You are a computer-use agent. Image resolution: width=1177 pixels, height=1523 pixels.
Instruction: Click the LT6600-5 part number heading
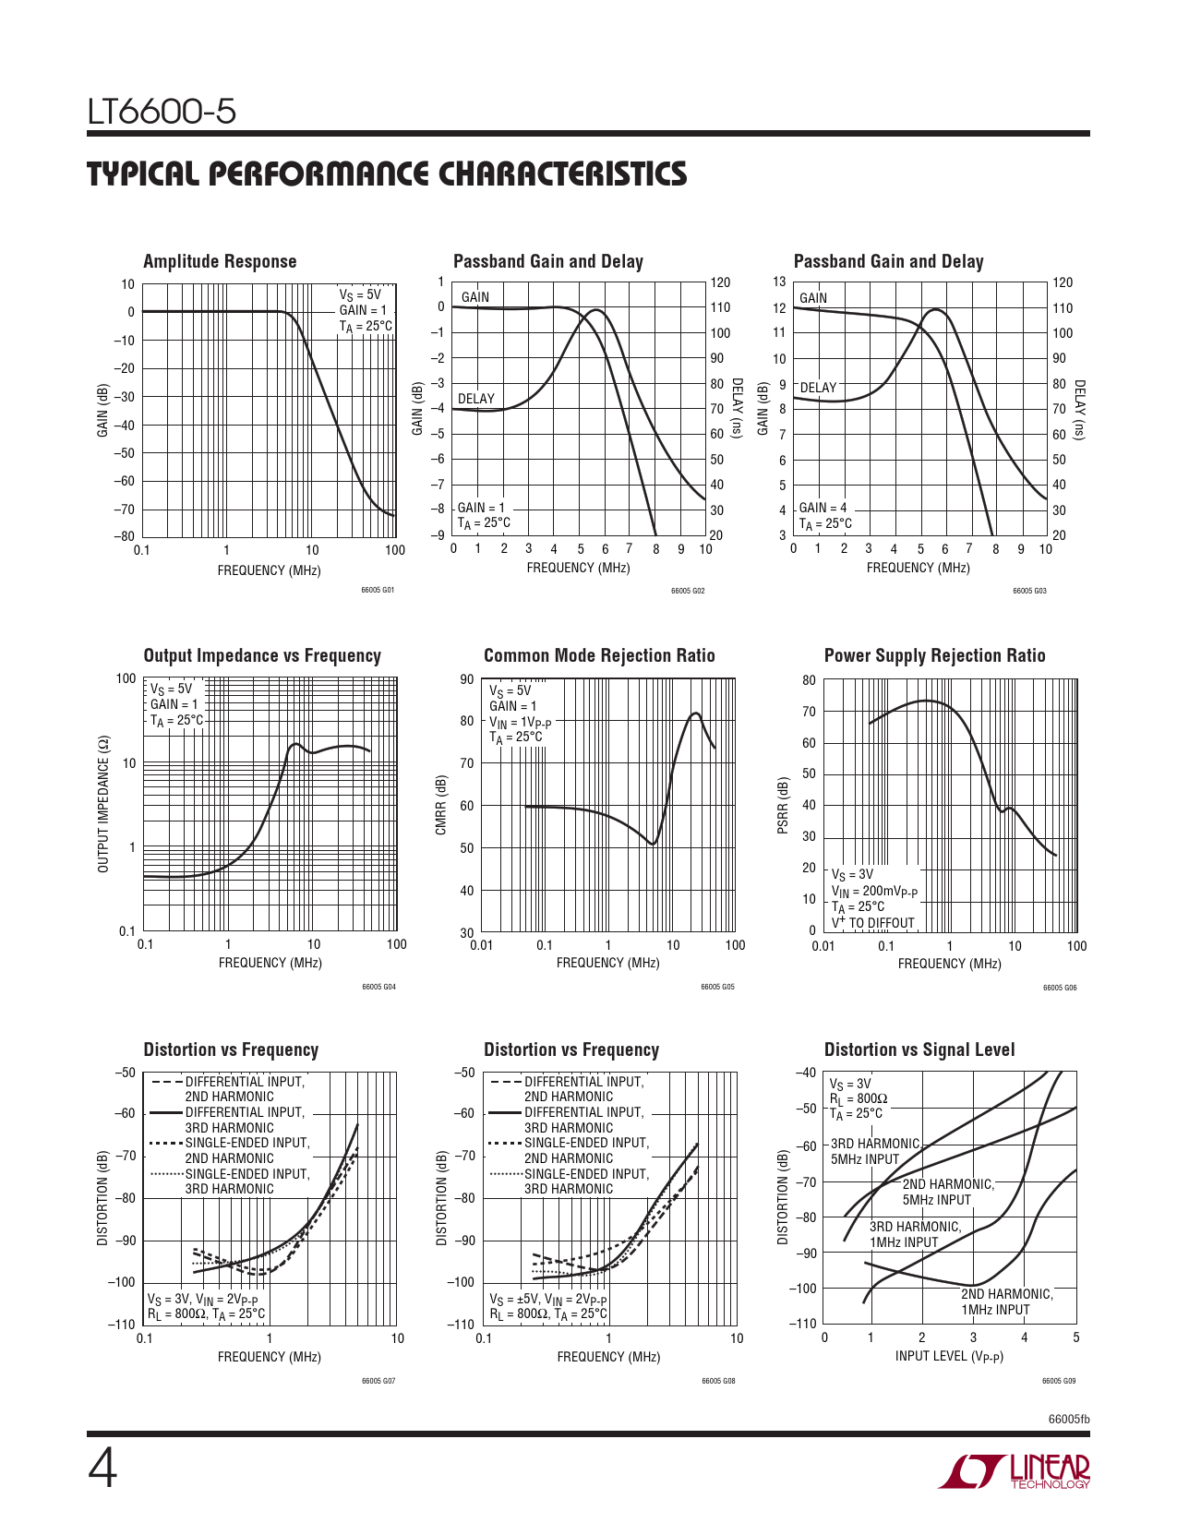pos(162,113)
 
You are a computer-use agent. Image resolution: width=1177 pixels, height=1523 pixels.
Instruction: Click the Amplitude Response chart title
pos(220,261)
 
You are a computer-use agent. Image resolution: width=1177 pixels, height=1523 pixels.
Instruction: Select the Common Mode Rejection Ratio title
pos(599,655)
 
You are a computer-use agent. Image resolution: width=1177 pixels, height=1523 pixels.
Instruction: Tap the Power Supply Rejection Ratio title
pos(934,655)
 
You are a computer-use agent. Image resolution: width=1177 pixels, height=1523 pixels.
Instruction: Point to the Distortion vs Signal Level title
pos(919,1049)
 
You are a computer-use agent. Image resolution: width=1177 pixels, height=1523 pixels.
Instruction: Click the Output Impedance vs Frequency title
pos(262,655)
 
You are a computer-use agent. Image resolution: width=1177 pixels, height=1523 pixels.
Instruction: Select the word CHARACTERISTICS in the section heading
pos(562,174)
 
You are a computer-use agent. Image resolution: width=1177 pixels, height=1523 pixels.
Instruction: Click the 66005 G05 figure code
pos(717,988)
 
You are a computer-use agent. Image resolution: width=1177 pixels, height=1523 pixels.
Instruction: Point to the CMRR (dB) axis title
pos(441,805)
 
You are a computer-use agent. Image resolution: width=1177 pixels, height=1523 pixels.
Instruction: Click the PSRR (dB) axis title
pos(783,806)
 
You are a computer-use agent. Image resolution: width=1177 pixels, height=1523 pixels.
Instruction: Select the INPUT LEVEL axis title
pos(949,1356)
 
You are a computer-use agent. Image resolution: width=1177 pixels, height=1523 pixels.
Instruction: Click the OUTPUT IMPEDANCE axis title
pos(103,804)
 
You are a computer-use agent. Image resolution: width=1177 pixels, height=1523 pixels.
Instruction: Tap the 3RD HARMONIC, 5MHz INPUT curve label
pos(874,1151)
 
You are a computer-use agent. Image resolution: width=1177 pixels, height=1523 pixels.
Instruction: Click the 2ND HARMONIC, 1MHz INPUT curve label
pos(1005,1301)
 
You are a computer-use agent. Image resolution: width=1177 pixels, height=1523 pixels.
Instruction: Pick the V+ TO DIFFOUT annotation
pos(872,923)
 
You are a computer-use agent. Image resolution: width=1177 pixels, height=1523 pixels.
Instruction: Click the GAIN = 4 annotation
pos(822,508)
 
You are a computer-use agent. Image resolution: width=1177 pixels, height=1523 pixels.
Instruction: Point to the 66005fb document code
pos(1068,1419)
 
